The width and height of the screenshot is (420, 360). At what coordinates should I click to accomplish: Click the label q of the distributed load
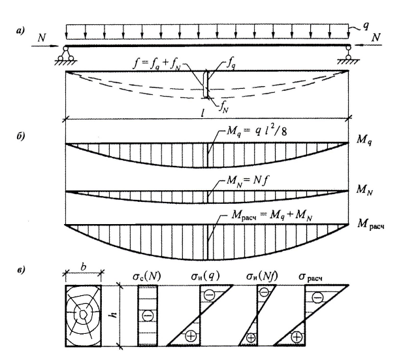pos(366,25)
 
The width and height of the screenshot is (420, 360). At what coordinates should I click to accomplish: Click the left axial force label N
pos(42,38)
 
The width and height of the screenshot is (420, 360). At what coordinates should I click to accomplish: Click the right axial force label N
pos(376,37)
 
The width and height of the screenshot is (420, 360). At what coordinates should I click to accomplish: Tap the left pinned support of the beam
pos(65,55)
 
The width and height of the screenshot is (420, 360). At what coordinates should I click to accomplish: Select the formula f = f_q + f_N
pos(157,65)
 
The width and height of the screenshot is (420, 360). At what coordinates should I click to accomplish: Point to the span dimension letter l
pos(202,113)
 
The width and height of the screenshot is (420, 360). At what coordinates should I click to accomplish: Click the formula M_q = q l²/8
pos(257,131)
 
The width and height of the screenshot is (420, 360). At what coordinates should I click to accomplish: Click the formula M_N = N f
pos(248,181)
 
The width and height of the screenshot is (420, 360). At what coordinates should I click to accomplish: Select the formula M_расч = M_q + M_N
pos(272,216)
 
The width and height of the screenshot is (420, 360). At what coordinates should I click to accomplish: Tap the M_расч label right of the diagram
pos(371,224)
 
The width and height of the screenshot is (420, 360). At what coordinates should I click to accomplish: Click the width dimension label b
pos(84,267)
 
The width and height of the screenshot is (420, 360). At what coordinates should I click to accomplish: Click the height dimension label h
pos(114,314)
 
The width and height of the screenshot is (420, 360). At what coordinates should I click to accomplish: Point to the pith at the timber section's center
pos(84,314)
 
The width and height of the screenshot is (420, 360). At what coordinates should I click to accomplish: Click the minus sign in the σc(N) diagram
pos(148,316)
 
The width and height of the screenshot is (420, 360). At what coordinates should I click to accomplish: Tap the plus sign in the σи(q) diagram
pos(191,336)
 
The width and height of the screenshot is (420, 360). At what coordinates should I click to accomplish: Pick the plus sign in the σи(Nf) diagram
pos(251,338)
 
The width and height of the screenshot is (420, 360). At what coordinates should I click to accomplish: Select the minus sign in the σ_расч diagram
pos(317,297)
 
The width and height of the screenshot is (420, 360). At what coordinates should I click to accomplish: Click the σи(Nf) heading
pos(262,276)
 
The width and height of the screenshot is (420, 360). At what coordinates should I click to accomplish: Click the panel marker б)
pos(20,136)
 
